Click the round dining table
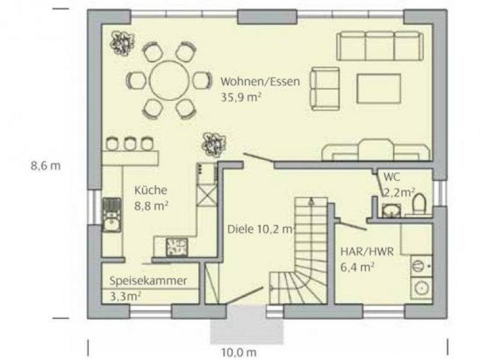(169, 81)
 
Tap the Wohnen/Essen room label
(260, 82)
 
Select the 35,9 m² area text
(241, 97)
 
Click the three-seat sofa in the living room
(380, 46)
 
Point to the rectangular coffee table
(379, 88)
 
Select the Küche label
(151, 190)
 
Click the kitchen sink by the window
(112, 215)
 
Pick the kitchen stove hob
(176, 247)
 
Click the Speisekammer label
(148, 281)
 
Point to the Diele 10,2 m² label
(261, 229)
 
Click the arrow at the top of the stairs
(311, 201)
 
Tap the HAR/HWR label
(367, 252)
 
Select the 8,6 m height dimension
(46, 166)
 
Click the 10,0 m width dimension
(239, 353)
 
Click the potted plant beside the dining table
(122, 43)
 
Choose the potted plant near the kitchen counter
(213, 145)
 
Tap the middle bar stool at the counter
(129, 144)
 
